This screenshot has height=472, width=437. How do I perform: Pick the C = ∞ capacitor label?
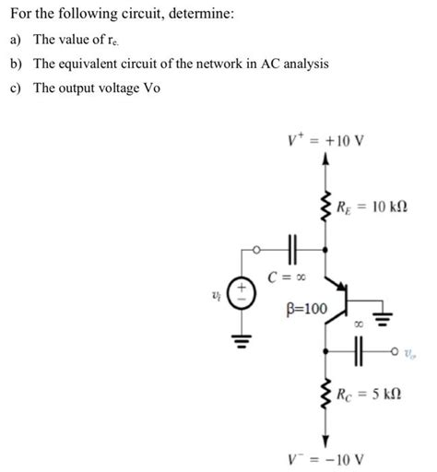286,276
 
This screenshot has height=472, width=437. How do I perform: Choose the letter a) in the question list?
14,40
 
